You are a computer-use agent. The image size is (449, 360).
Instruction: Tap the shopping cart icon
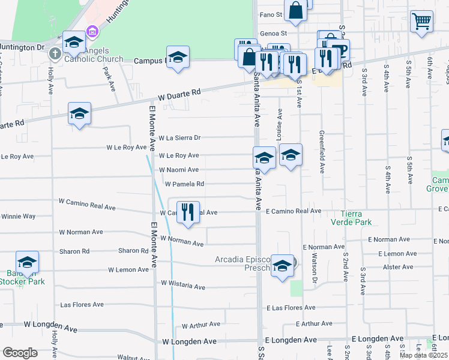click(421, 22)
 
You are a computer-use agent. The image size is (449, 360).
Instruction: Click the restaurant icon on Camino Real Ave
click(188, 212)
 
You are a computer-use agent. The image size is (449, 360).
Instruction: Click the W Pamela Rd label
click(184, 184)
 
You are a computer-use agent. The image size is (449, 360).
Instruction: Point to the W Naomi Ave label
click(178, 170)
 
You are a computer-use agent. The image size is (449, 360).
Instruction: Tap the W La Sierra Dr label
click(178, 137)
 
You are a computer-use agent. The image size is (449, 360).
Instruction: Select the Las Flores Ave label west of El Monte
click(82, 305)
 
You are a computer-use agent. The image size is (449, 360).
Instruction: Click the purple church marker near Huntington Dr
click(92, 31)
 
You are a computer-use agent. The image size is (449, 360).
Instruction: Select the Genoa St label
click(273, 34)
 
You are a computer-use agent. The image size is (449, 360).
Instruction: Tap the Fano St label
click(271, 14)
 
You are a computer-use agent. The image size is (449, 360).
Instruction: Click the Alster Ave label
click(399, 267)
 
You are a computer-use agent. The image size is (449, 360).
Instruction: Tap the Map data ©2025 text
click(423, 355)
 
